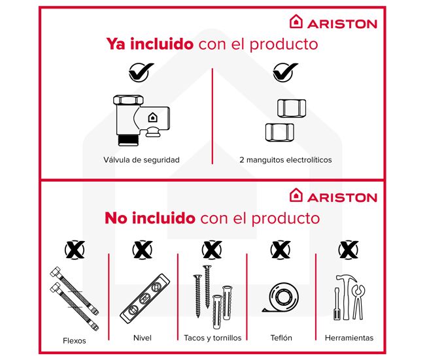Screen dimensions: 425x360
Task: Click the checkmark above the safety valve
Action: (x=141, y=72)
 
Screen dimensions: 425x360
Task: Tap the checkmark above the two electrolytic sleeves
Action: (x=285, y=72)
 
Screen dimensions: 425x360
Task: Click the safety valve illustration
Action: (x=141, y=120)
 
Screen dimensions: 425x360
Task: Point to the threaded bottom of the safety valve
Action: (x=128, y=140)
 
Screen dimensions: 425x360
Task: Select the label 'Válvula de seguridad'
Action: (x=141, y=160)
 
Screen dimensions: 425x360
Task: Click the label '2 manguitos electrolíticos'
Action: (x=286, y=160)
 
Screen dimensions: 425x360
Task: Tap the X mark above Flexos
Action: (x=75, y=250)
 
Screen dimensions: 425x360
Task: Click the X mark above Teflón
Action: (x=280, y=250)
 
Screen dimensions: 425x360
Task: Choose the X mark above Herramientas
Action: (x=348, y=250)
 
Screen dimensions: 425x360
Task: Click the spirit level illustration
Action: (x=144, y=298)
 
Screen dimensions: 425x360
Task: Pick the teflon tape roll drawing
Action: (x=282, y=297)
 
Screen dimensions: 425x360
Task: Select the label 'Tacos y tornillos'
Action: (x=212, y=338)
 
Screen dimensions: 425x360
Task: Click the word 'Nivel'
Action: (x=143, y=338)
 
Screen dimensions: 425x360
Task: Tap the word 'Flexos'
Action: (x=75, y=340)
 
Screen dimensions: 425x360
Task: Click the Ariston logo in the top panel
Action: (x=333, y=22)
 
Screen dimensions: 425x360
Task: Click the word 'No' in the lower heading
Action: (x=116, y=218)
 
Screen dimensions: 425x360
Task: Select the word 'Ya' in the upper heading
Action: (x=116, y=44)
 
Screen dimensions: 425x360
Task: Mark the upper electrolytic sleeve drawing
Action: (x=292, y=108)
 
